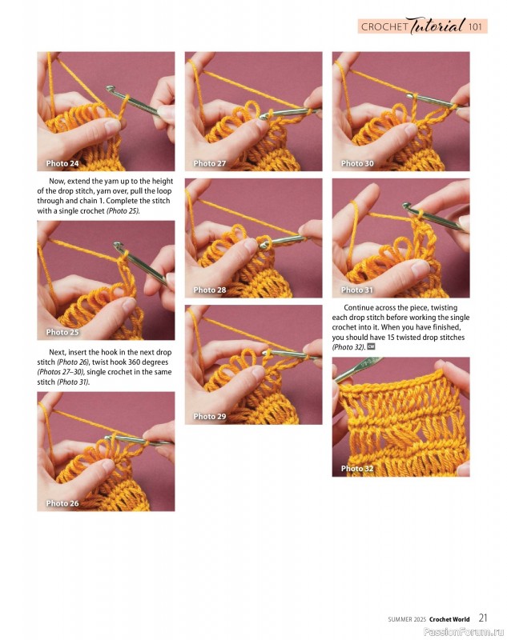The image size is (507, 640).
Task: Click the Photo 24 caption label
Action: (62, 163)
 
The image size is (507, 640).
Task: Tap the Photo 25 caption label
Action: (62, 332)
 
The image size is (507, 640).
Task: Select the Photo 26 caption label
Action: (62, 503)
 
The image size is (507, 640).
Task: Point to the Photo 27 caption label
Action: (209, 163)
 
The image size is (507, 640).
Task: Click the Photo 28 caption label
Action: (209, 290)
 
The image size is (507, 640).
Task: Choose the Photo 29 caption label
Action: (209, 416)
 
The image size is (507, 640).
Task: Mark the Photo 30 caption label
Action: (357, 163)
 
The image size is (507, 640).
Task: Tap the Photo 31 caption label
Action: (357, 290)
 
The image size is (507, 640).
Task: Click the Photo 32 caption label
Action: (357, 469)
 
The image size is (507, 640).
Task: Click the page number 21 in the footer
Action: (484, 618)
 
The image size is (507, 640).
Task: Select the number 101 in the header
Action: (476, 27)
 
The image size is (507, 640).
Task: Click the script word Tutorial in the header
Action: (437, 26)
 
